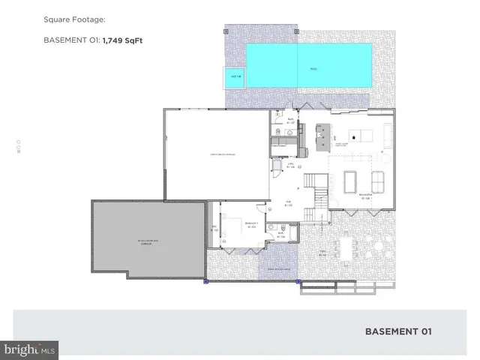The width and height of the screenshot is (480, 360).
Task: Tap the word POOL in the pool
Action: (x=313, y=69)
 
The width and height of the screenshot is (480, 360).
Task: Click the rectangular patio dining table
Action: (x=346, y=247)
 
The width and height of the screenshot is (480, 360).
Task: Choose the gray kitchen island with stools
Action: (x=323, y=133)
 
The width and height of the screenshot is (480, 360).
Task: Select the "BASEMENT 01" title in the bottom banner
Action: (x=398, y=330)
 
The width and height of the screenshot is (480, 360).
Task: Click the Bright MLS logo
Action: (x=29, y=349)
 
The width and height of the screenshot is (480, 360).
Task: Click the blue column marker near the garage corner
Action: (x=206, y=281)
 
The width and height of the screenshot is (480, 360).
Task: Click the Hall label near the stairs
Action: (x=288, y=203)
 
